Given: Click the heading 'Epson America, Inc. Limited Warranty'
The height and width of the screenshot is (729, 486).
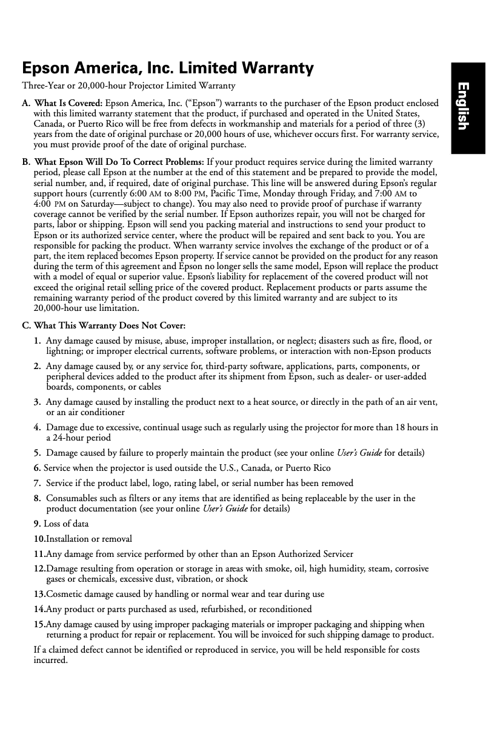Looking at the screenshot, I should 167,68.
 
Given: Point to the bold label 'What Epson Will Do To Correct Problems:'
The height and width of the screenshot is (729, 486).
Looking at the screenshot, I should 119,162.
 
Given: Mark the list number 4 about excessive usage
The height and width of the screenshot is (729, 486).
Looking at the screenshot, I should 38,428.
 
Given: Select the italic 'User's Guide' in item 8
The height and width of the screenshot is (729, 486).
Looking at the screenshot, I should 224,508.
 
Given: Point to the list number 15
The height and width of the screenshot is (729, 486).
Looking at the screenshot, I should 39,624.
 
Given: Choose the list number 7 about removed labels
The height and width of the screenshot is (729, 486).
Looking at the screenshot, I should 38,483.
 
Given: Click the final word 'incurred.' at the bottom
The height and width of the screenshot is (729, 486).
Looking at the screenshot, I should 50,661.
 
